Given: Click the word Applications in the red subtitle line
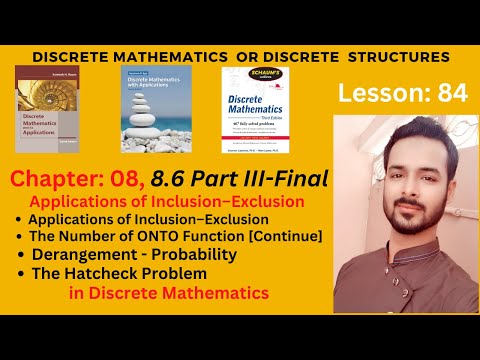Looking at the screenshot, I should point(84,200).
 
